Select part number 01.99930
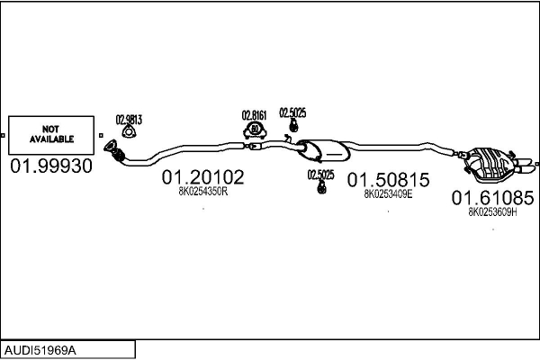tap(51, 166)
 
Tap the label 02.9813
tap(129, 120)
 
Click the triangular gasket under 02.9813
tap(129, 132)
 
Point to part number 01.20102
tap(202, 177)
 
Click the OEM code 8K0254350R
tap(203, 191)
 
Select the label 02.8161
tap(254, 115)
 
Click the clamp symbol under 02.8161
tap(255, 130)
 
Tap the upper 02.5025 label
tap(292, 112)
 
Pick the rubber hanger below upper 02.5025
tap(293, 125)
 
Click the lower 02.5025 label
tap(320, 175)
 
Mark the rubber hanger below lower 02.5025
tap(321, 187)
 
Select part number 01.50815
tap(389, 180)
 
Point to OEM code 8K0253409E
tap(388, 194)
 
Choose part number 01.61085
tap(493, 198)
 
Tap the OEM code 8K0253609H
tap(492, 211)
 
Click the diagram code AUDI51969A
tap(40, 351)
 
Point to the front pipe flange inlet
tap(111, 146)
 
